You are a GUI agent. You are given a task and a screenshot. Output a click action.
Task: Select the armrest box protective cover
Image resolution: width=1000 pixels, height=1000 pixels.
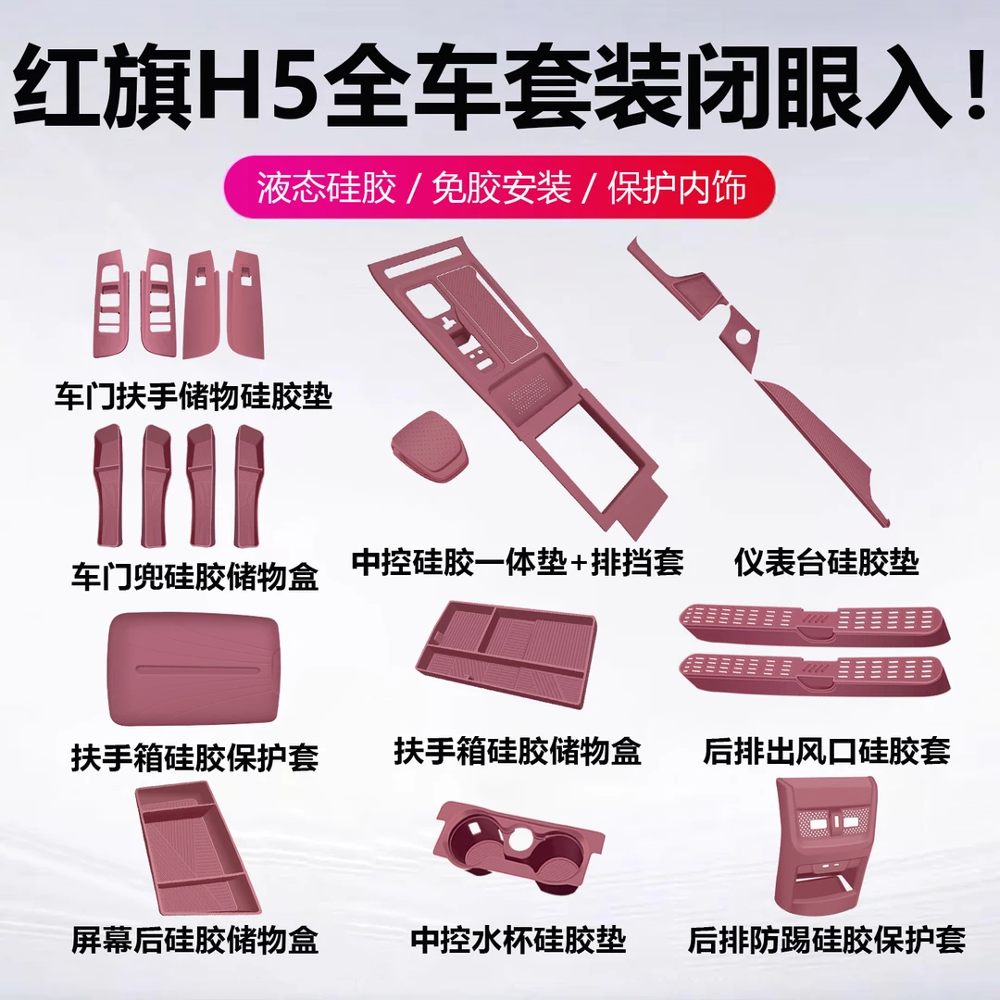point(193,669)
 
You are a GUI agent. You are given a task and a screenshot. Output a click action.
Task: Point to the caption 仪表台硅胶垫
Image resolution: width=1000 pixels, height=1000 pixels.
point(826,561)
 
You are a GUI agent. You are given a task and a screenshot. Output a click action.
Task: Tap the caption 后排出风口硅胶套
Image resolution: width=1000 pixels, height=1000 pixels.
point(826,750)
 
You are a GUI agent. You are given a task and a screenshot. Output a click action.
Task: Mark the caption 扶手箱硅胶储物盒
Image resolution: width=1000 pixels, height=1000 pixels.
point(518,750)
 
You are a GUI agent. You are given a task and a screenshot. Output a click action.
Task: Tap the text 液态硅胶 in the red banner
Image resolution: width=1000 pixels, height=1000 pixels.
point(328,189)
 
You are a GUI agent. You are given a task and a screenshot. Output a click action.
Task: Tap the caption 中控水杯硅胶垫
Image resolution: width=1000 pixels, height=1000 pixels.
point(518,941)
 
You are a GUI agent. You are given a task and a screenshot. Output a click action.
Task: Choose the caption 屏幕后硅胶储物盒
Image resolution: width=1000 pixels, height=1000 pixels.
point(194,941)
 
